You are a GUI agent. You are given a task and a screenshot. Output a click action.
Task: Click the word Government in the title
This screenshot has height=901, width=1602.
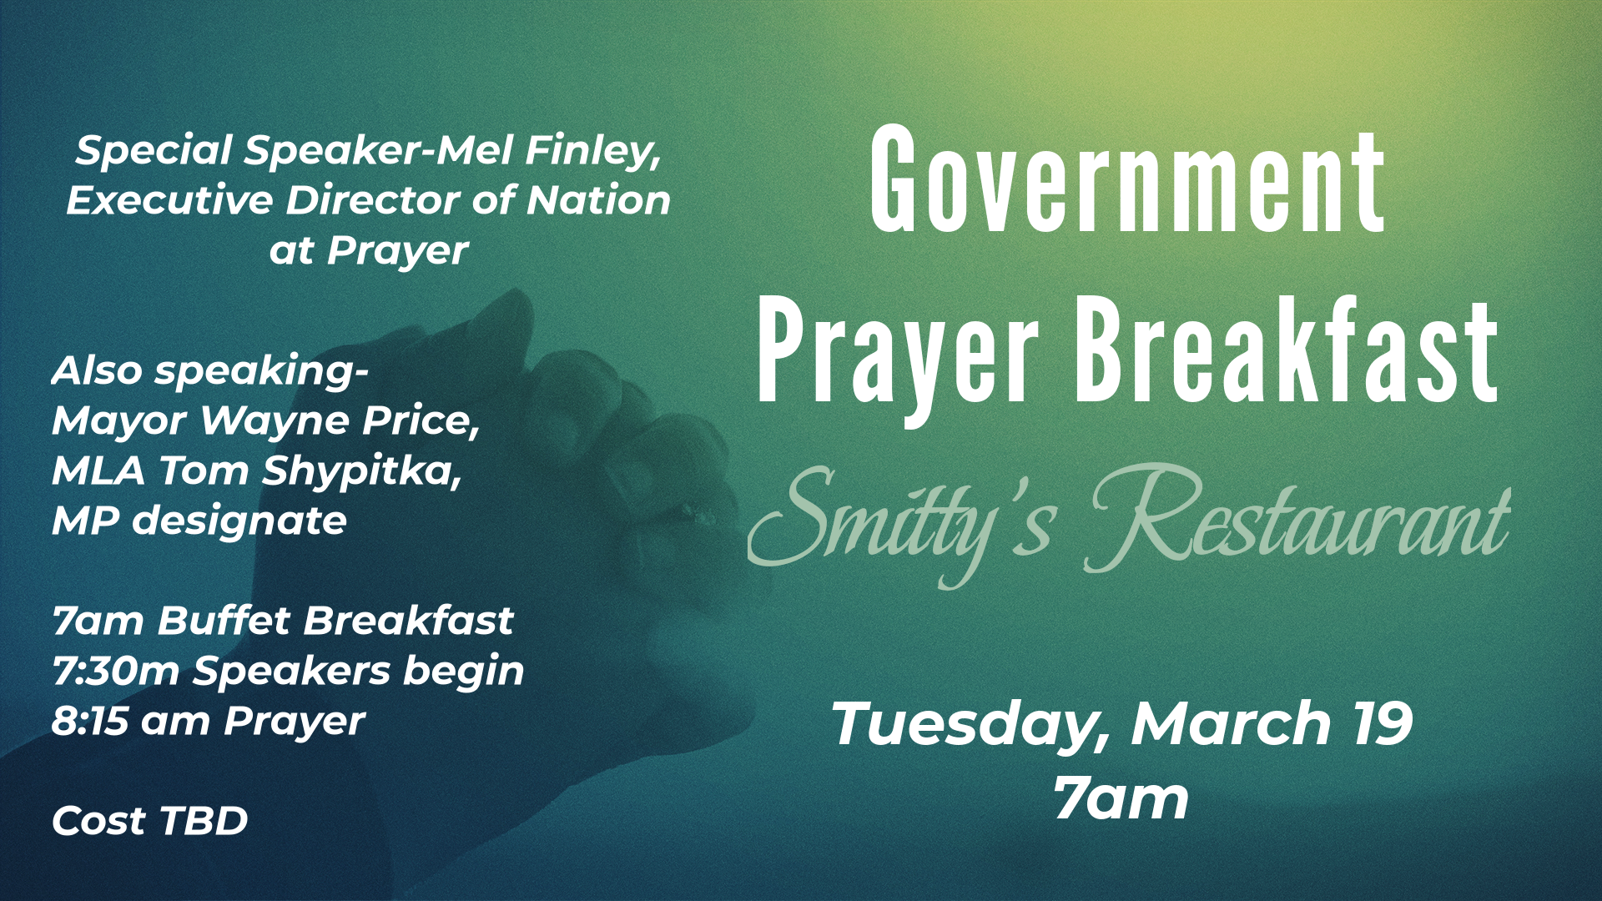(x=1127, y=179)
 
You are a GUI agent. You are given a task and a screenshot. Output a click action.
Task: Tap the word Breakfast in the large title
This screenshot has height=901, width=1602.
(x=1287, y=350)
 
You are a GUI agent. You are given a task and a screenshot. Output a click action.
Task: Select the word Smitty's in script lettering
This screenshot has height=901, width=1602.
(x=902, y=521)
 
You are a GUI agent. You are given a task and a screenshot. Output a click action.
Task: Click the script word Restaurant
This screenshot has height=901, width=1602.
(x=1297, y=517)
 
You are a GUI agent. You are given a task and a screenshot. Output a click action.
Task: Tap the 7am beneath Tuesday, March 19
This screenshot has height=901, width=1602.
(x=1121, y=798)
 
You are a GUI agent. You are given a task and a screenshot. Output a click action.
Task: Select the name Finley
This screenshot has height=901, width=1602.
(x=593, y=152)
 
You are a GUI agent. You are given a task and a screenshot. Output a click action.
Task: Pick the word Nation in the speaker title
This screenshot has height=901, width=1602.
(x=598, y=200)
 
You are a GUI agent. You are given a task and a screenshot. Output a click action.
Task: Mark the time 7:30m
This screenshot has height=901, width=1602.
(x=116, y=672)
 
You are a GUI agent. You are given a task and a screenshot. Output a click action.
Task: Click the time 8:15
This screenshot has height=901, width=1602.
(x=89, y=722)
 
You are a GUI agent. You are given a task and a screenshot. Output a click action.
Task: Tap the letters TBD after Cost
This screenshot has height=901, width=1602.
(x=204, y=821)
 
